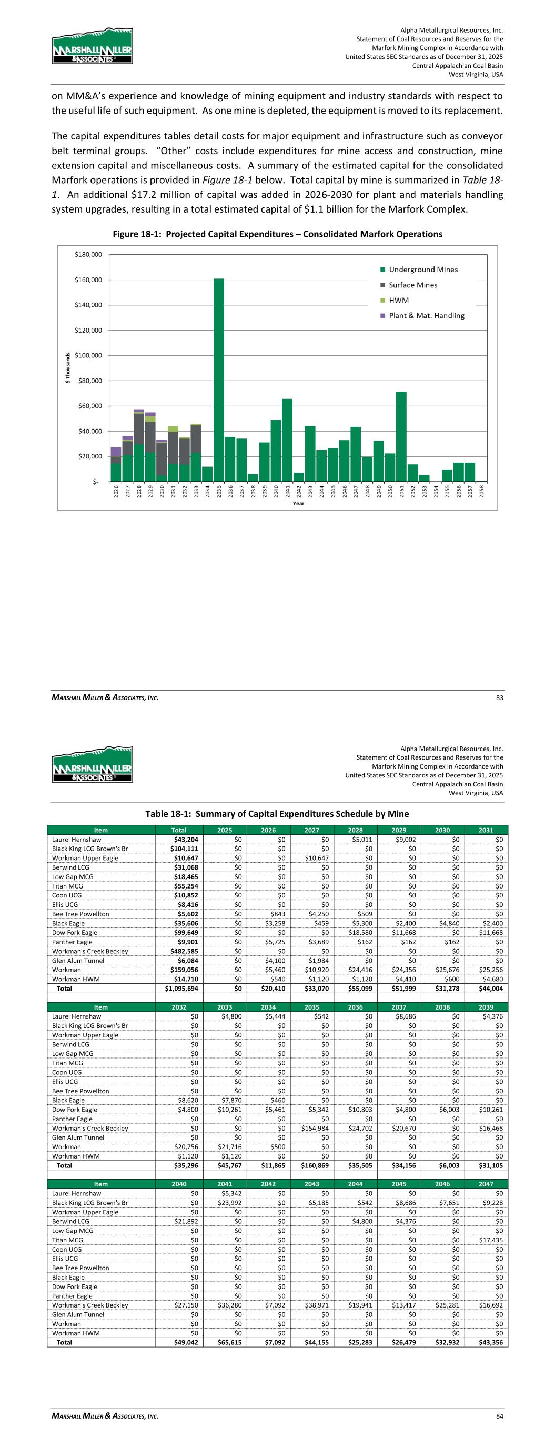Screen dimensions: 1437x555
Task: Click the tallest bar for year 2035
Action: coord(219,380)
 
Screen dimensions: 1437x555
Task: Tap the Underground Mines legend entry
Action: coord(423,270)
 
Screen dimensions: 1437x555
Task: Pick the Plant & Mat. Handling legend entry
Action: coord(426,316)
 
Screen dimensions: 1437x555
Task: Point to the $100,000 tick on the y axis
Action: coord(89,355)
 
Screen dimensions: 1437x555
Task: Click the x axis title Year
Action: coord(298,504)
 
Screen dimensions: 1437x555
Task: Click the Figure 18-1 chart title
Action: coord(277,234)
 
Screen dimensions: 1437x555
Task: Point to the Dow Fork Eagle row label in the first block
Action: coord(74,933)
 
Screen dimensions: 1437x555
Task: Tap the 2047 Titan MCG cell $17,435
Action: coord(491,1240)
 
